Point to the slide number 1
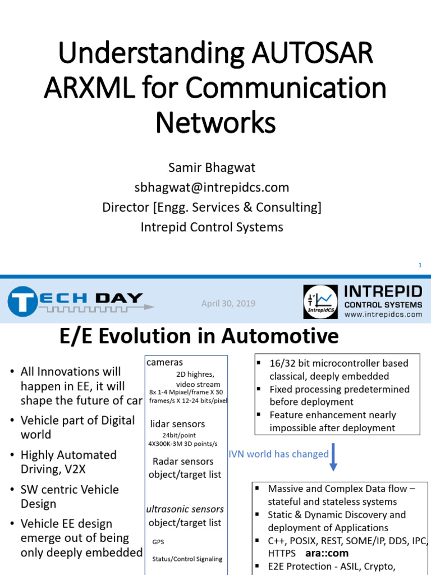(419, 265)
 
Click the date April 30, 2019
(228, 303)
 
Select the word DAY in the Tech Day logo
(119, 298)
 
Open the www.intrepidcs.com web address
(383, 314)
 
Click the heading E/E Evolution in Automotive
(199, 336)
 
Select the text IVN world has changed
(278, 454)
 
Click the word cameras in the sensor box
(164, 362)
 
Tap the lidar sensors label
(177, 424)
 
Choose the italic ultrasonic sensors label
(185, 509)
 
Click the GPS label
(158, 542)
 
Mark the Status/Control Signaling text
(187, 559)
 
